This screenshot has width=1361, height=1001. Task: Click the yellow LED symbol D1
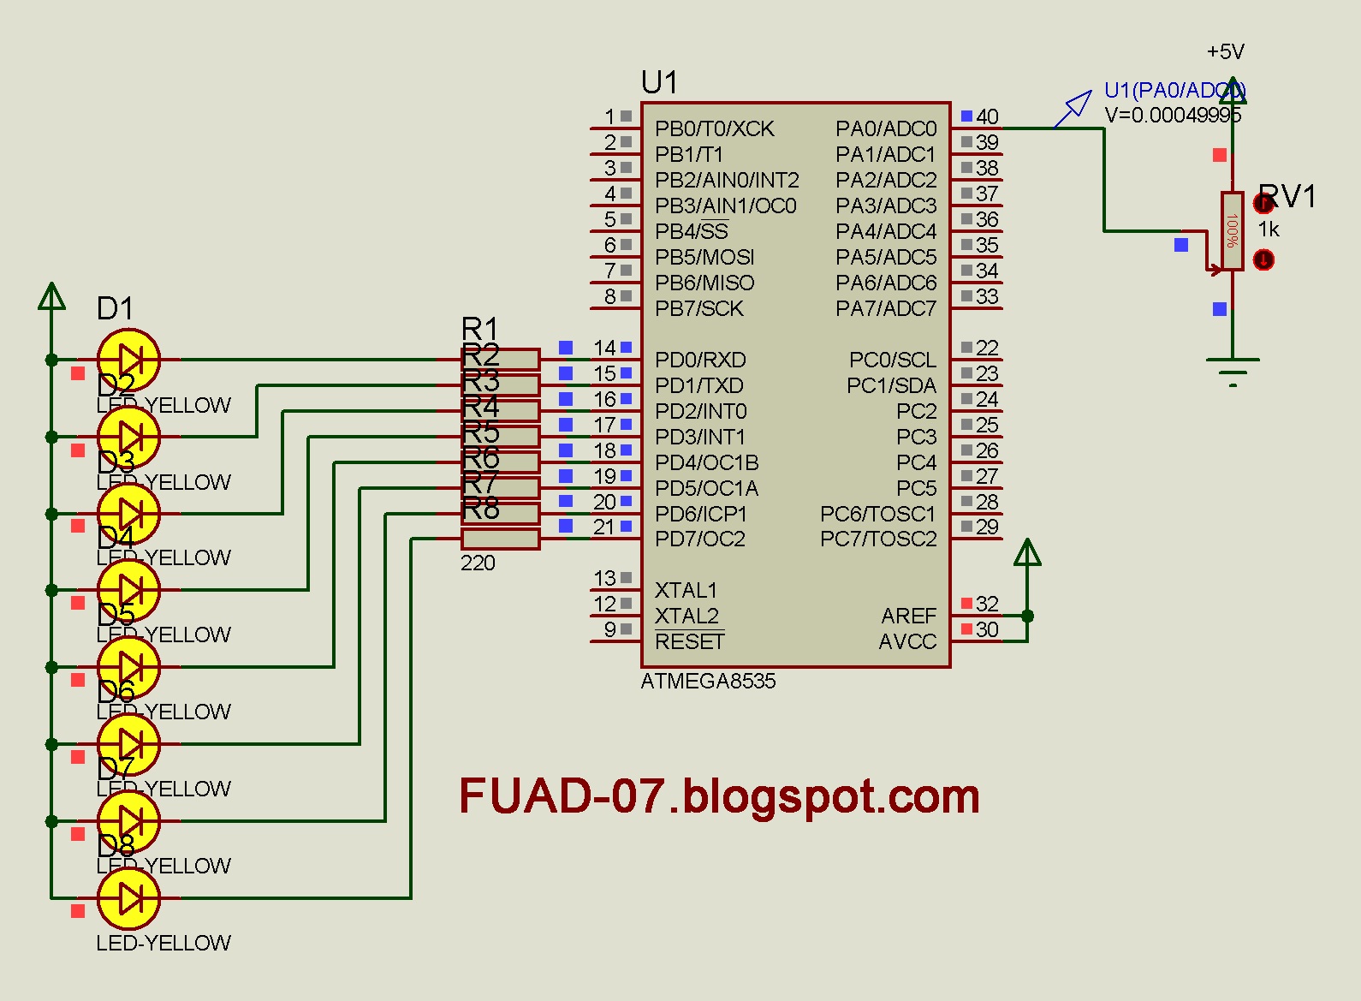coord(128,360)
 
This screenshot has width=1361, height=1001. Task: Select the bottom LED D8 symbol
coord(128,898)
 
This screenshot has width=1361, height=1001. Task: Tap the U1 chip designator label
coord(659,83)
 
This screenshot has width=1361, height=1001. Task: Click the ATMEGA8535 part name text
coord(708,681)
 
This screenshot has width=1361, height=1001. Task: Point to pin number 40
coord(987,116)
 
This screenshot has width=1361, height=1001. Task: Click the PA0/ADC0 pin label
coord(886,128)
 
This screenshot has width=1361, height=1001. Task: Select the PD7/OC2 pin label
coord(699,539)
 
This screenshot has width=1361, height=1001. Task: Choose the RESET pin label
coord(689,641)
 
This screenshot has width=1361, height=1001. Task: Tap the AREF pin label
coord(908,616)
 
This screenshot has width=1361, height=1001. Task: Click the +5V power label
coord(1225,52)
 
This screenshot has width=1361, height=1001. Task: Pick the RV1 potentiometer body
coord(1233,231)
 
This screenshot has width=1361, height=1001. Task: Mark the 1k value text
coord(1269,229)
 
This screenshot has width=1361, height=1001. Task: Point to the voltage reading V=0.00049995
coord(1173,115)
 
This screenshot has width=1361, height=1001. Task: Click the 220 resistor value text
coord(478,563)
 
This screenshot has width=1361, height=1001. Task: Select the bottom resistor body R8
coord(501,539)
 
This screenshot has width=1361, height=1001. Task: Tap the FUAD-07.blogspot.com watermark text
coord(719,796)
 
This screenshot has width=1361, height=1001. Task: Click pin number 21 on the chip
coord(603,527)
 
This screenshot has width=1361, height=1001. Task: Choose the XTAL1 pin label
coord(686,590)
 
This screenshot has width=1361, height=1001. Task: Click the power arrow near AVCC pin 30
coord(1027,553)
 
